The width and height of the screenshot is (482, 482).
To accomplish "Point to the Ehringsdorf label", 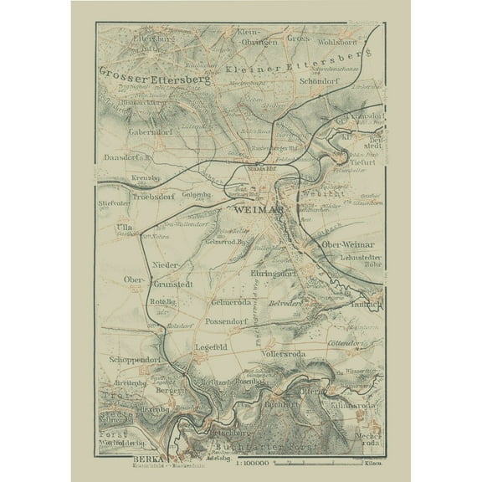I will coord(274,274).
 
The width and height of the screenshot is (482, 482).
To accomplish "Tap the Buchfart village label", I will coord(281,404).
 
